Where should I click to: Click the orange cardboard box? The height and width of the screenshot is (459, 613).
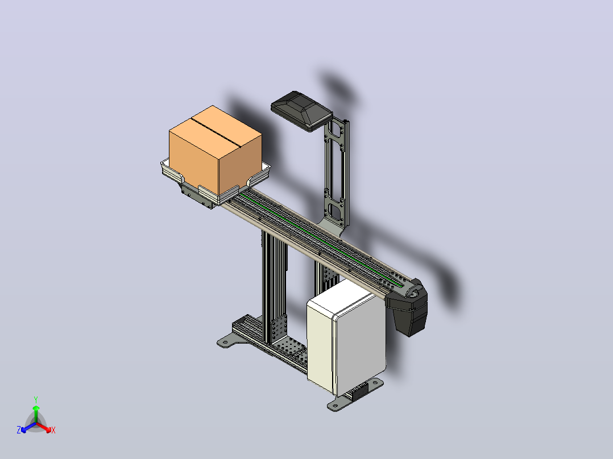click(x=215, y=151)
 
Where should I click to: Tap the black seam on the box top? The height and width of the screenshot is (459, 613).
click(x=216, y=132)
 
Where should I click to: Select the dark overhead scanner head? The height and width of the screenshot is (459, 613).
click(x=302, y=111)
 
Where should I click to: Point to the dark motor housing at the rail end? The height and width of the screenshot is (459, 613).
click(x=409, y=308)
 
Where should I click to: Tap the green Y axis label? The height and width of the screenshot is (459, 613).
click(x=36, y=399)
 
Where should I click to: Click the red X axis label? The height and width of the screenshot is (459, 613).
click(x=53, y=430)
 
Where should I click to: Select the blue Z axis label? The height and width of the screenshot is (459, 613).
click(x=19, y=429)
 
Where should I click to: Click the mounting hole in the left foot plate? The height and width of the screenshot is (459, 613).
click(x=225, y=343)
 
